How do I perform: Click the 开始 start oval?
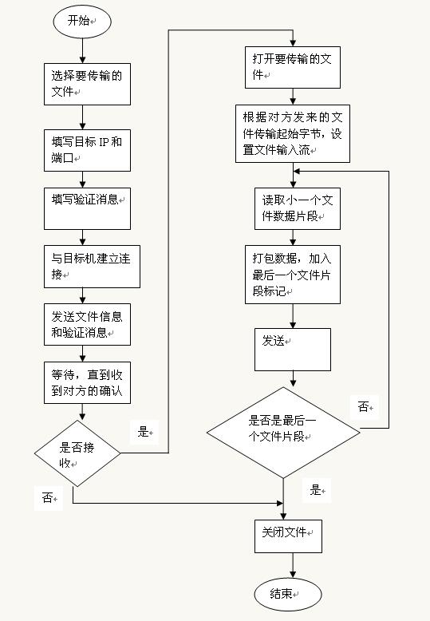[x=82, y=22]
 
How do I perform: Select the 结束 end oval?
[x=288, y=594]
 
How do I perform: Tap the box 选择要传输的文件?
[x=87, y=84]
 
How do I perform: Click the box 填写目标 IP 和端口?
[x=87, y=150]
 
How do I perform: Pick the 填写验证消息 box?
[x=87, y=208]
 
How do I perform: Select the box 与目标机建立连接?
[x=92, y=267]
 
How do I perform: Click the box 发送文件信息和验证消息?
[x=87, y=324]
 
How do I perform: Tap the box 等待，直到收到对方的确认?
[x=87, y=382]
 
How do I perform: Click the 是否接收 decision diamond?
[x=77, y=453]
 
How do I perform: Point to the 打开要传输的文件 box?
[x=293, y=67]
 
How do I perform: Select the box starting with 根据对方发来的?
[x=293, y=133]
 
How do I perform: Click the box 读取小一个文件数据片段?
[x=298, y=208]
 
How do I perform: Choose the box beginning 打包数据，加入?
[x=293, y=275]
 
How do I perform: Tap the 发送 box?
[x=293, y=350]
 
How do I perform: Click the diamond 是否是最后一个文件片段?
[x=283, y=433]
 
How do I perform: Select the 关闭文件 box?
[x=288, y=536]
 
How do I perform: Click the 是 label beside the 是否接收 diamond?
[x=143, y=431]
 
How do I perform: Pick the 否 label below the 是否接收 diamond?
[x=48, y=497]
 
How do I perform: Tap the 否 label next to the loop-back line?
[x=363, y=406]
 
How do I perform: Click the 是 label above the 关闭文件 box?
[x=316, y=490]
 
